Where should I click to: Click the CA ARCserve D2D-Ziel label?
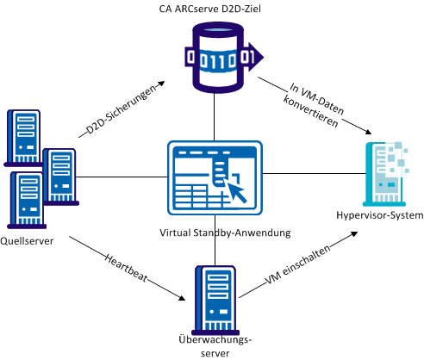211,9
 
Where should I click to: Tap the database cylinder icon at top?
213,57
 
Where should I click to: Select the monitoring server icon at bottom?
213,293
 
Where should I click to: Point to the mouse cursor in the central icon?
236,193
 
